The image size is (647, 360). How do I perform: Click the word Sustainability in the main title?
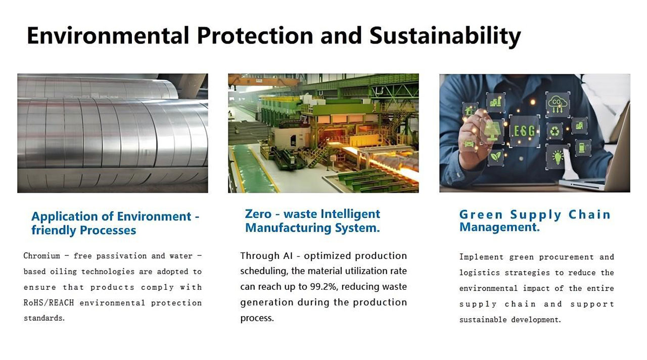tap(445, 36)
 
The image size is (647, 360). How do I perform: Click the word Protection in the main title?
tap(255, 35)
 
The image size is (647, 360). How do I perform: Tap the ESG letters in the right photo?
tap(525, 131)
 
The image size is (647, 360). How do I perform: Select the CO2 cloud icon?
tap(557, 104)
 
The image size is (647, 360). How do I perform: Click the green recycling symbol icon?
tap(554, 132)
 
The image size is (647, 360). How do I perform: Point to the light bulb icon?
tap(558, 157)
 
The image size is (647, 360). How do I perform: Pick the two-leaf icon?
tap(496, 157)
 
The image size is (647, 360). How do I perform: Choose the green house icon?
tap(469, 110)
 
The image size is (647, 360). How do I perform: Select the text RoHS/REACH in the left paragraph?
tap(49, 303)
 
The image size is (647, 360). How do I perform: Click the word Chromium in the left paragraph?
tap(42, 256)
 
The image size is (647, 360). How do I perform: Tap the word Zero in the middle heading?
tap(258, 214)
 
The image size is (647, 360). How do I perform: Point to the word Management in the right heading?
tap(499, 227)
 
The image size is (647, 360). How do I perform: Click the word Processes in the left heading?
tap(108, 230)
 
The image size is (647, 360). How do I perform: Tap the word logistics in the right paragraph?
tap(480, 273)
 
